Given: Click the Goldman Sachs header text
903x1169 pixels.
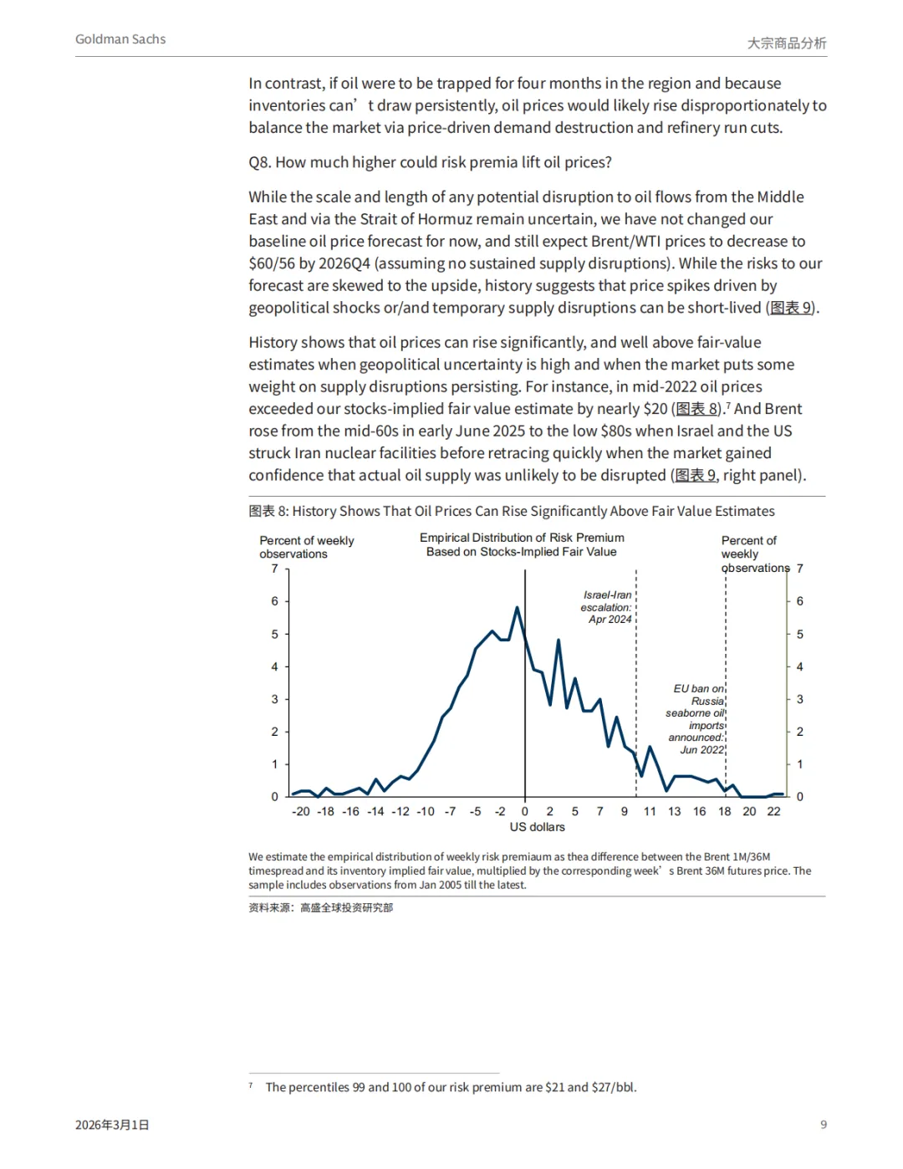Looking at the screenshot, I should [x=120, y=39].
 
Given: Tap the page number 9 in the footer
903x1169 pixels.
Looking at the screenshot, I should [x=824, y=1125].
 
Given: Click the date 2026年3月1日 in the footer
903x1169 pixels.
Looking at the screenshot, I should [x=112, y=1125].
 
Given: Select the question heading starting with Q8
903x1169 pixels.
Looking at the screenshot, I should [x=430, y=162].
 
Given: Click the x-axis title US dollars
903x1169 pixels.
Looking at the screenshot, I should [x=537, y=827].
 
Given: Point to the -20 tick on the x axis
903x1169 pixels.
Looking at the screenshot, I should [x=301, y=811].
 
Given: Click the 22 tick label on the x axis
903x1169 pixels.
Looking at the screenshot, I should [x=774, y=811].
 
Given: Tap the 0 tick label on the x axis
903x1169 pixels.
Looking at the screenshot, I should [x=525, y=811].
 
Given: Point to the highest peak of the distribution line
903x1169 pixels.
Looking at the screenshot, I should [x=518, y=608].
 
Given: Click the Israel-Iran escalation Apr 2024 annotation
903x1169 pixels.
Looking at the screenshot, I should [x=607, y=607].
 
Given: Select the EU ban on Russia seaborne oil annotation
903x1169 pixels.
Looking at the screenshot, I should [x=696, y=719].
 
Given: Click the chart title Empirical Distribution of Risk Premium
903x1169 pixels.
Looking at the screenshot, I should [x=522, y=544].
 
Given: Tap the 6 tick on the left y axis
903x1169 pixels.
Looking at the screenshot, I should [x=274, y=601].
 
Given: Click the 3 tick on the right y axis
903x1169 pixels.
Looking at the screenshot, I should [x=800, y=699].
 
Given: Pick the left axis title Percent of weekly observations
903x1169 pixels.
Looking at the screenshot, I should [x=306, y=547].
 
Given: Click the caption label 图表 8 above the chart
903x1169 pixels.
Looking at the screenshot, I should [x=268, y=511].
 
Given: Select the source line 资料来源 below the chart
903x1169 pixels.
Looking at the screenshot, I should [x=320, y=907].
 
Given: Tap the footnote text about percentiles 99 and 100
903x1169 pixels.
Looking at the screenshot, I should [x=451, y=1087].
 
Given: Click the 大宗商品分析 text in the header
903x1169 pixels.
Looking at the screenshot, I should [x=786, y=43].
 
